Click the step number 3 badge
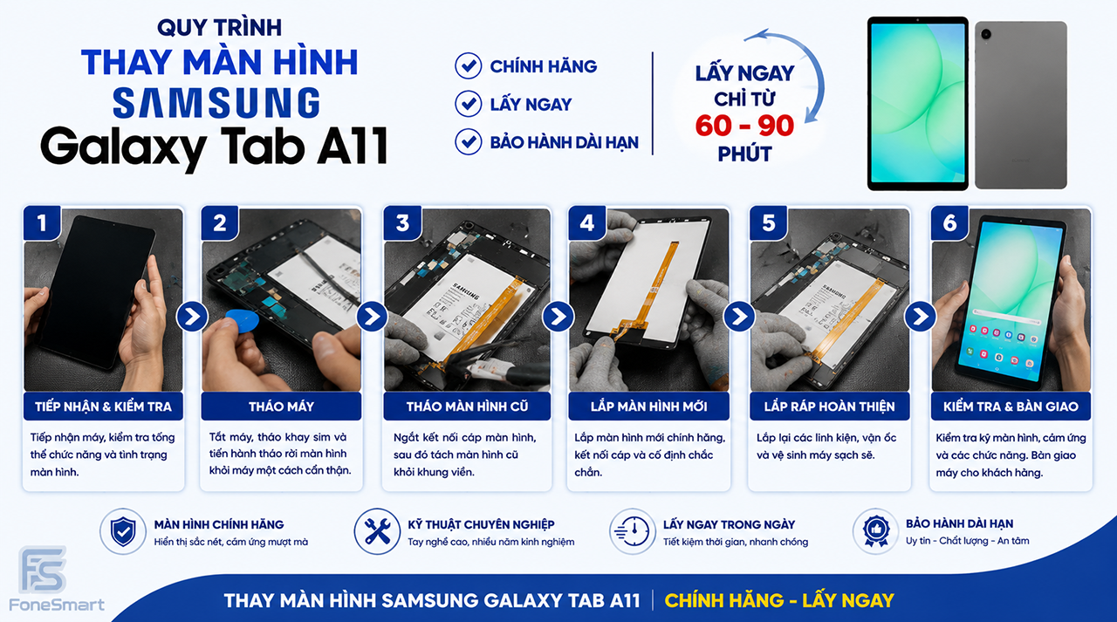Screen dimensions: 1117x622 pos(402,222)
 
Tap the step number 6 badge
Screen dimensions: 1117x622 pos(949,222)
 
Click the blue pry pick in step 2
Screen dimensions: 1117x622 pos(242,320)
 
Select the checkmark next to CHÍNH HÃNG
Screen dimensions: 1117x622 pos(469,65)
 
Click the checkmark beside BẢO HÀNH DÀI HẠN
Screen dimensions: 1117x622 pos(469,141)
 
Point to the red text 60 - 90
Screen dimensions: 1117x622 pos(744,126)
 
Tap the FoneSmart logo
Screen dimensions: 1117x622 pos(56,578)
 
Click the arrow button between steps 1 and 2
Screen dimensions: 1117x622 pos(192,317)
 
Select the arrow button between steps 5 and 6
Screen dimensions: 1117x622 pos(920,317)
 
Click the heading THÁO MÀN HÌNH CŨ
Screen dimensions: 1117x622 pos(467,407)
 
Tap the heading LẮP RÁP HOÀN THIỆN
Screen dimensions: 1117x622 pos(830,407)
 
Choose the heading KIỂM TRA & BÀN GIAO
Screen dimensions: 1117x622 pos(1011,407)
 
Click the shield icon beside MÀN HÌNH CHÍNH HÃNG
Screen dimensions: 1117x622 pos(123,532)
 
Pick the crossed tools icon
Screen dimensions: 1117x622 pos(377,532)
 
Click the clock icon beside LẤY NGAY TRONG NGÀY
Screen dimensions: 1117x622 pos(633,532)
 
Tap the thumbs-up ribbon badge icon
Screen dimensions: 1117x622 pos(876,531)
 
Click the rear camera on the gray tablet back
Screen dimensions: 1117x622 pos(986,34)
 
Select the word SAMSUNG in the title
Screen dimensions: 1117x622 pos(216,103)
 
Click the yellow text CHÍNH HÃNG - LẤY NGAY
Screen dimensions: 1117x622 pos(779,600)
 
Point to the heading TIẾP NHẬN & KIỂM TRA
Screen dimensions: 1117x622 pos(103,407)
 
